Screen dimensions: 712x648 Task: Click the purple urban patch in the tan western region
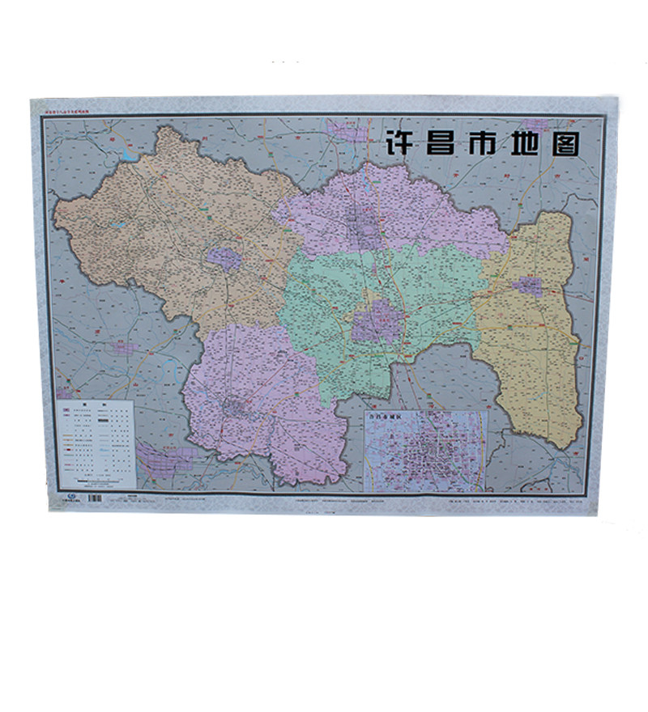[224, 259]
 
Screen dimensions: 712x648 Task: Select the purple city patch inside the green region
[376, 322]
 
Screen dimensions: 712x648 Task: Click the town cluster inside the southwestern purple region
[235, 406]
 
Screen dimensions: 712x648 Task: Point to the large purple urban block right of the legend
[166, 459]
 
